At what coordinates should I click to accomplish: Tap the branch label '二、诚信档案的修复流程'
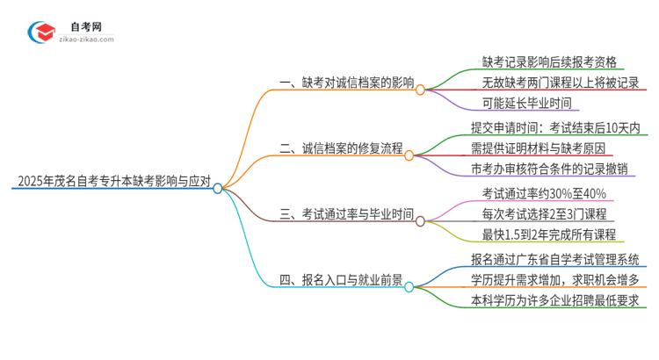[x=340, y=149]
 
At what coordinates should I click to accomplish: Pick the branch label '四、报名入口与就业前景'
[x=340, y=281]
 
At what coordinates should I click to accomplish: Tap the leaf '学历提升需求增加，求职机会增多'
[x=560, y=281]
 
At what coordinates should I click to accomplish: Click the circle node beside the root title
[x=218, y=188]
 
